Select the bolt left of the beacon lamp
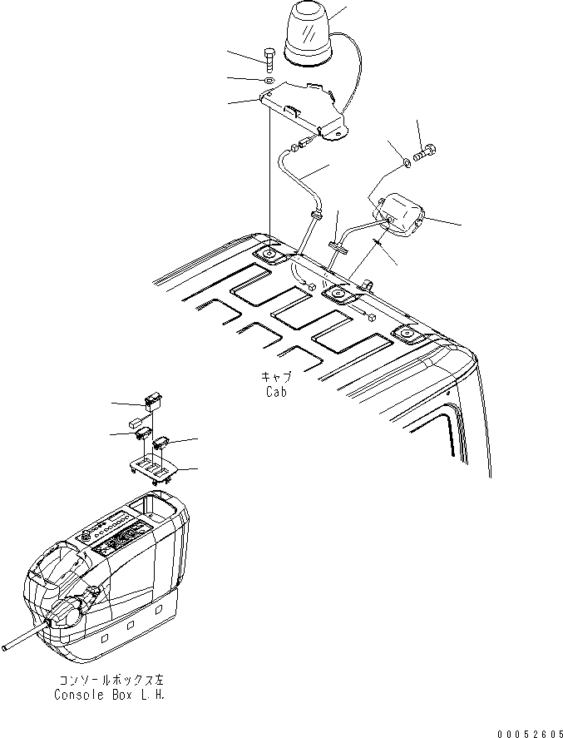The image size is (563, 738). point(271,60)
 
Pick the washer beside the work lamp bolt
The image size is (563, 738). point(405,161)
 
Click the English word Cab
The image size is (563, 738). point(276,392)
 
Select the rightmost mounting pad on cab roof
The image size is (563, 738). point(406,333)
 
